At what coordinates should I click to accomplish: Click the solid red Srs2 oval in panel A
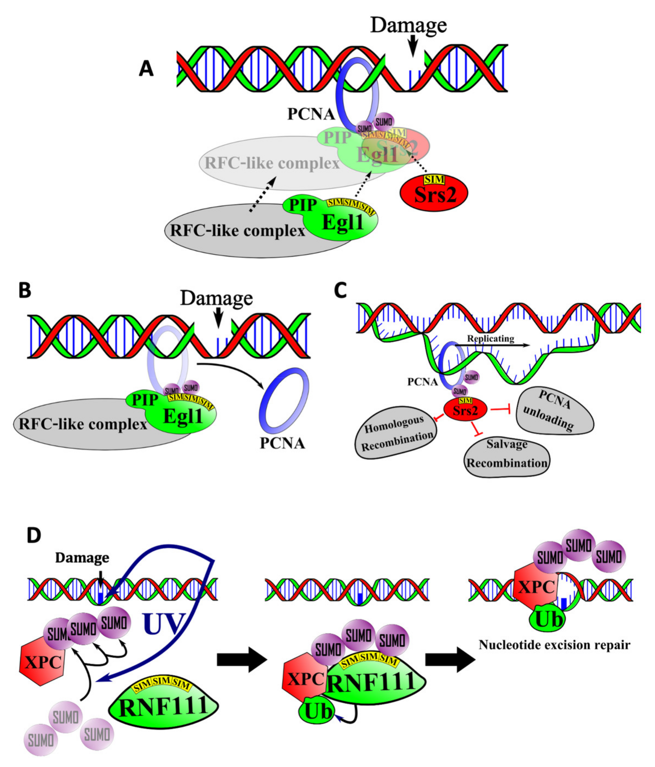[434, 193]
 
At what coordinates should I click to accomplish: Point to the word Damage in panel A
[409, 25]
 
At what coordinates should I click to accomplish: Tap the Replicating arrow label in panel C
[490, 339]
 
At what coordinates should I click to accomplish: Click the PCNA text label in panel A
[311, 114]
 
